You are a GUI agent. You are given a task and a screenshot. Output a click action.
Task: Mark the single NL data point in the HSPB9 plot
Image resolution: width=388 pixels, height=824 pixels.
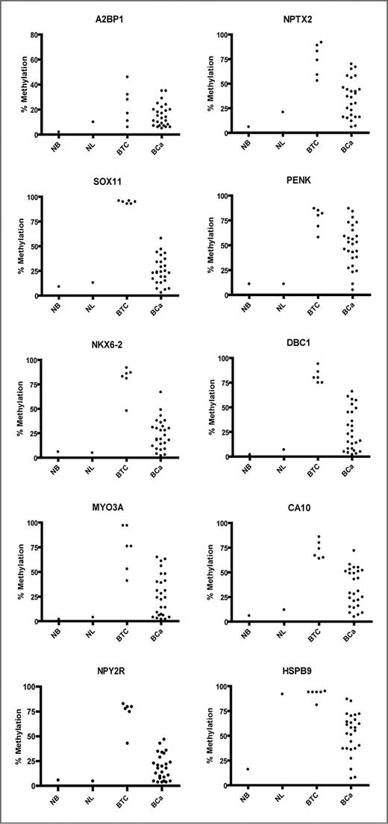pos(282,694)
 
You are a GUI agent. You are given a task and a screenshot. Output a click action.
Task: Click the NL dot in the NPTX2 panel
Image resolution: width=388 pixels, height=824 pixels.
pos(282,112)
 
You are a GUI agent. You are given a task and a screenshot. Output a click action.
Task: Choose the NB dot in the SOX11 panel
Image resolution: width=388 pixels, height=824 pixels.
pos(58,286)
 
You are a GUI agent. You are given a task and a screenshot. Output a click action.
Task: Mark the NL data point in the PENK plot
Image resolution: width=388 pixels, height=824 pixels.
pos(282,283)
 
